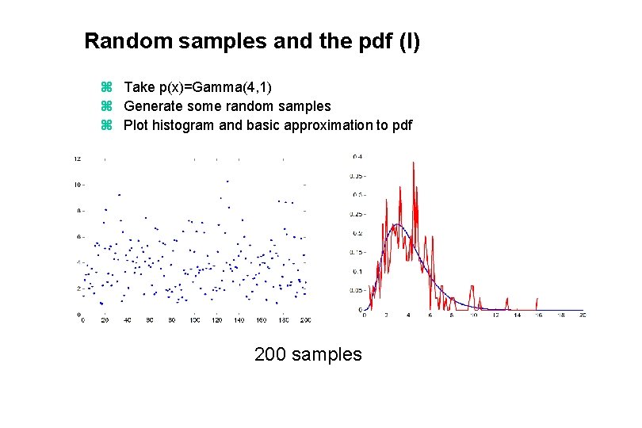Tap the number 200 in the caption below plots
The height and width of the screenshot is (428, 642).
point(270,354)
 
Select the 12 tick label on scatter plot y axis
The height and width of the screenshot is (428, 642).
point(76,159)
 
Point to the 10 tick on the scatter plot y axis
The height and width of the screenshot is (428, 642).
point(76,185)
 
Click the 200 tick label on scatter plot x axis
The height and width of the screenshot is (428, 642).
point(306,320)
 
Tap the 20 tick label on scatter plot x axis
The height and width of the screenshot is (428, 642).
point(105,320)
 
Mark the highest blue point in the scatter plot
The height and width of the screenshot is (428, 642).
point(227,182)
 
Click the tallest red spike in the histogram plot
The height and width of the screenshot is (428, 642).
point(412,164)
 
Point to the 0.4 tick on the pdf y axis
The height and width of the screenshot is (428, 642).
point(357,157)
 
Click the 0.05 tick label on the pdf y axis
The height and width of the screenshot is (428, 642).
point(357,291)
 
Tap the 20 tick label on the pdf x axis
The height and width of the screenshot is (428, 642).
point(583,315)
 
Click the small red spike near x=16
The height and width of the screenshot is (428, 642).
point(538,301)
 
